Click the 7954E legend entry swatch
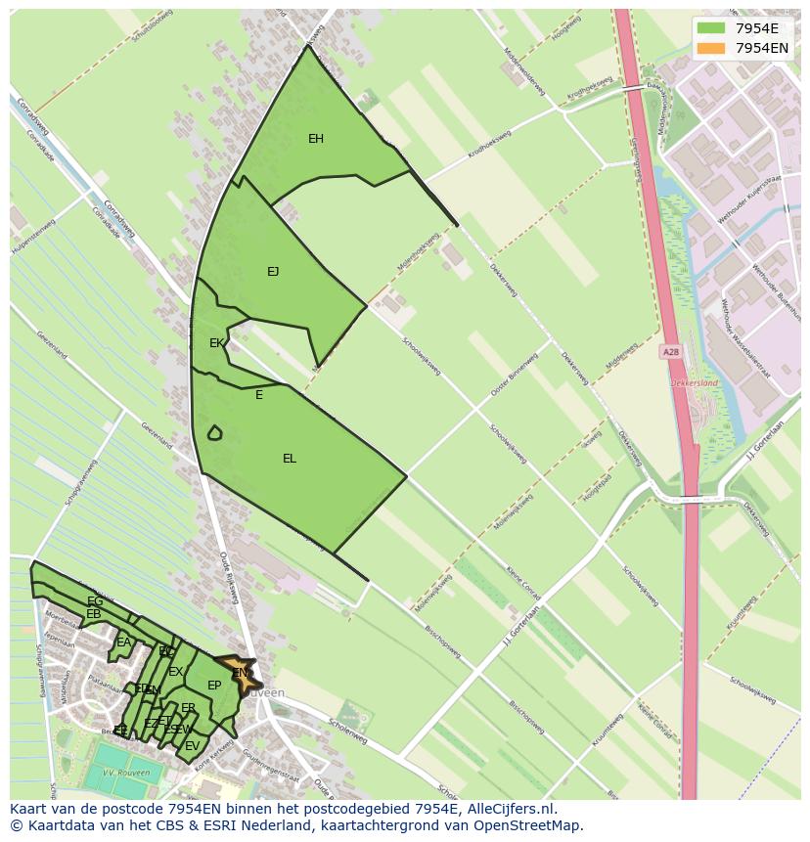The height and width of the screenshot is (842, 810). pyautogui.click(x=711, y=28)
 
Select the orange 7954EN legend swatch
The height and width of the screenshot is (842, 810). pyautogui.click(x=711, y=48)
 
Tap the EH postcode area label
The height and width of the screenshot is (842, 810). pyautogui.click(x=316, y=139)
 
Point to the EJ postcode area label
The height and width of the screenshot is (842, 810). pyautogui.click(x=273, y=272)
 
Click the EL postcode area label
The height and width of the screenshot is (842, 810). pyautogui.click(x=290, y=459)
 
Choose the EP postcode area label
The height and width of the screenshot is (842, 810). pyautogui.click(x=214, y=686)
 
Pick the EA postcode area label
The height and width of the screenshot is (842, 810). pyautogui.click(x=123, y=643)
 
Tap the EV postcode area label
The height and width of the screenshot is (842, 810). pyautogui.click(x=192, y=746)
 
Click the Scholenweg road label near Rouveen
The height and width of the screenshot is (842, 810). pyautogui.click(x=347, y=732)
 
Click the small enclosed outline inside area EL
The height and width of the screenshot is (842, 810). pyautogui.click(x=214, y=432)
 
